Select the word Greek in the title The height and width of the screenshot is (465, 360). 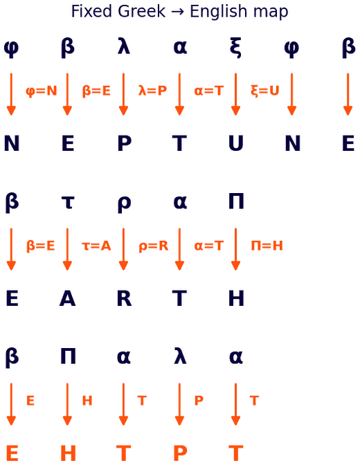[x=141, y=12]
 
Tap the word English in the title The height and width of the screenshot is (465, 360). [x=218, y=12]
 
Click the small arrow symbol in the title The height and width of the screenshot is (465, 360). [x=177, y=12]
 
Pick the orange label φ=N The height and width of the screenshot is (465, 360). [x=42, y=91]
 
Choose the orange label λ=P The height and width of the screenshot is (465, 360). [x=152, y=91]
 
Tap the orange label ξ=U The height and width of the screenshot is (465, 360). [x=265, y=91]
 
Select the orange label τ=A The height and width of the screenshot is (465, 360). [x=96, y=246]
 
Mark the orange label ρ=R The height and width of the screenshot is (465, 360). [x=154, y=246]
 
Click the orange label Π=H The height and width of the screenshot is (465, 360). [x=267, y=246]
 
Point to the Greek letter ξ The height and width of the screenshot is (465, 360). [x=235, y=47]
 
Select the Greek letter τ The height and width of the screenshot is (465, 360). [x=68, y=203]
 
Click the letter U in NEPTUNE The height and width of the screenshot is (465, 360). [x=236, y=143]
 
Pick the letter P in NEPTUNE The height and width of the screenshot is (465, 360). [x=125, y=143]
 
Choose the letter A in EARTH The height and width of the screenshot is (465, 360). [x=68, y=298]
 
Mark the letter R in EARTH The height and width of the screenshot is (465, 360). [x=125, y=298]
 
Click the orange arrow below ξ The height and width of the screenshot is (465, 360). [x=235, y=94]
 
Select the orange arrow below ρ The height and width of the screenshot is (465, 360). [x=123, y=249]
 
